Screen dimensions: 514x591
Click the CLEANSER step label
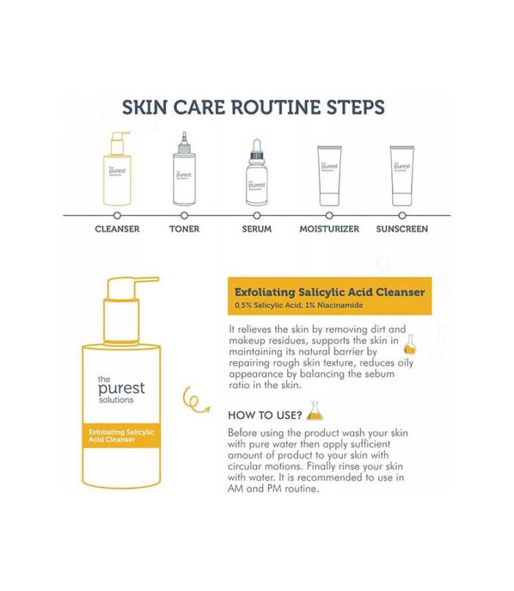point(117,229)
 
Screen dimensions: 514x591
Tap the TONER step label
point(184,229)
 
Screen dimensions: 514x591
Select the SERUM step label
point(257,229)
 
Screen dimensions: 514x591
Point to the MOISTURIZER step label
point(330,229)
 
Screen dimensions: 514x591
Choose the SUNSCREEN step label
point(402,229)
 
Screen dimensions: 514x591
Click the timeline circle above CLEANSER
point(117,215)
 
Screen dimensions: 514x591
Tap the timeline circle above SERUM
point(257,215)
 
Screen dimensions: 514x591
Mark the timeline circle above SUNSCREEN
point(402,215)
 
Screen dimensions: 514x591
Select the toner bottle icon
point(184,168)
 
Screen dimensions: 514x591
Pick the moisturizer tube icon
point(330,176)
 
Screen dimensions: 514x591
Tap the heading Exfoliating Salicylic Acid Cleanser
point(330,292)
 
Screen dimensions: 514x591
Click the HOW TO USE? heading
point(265,415)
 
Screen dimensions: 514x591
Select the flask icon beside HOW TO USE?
point(315,411)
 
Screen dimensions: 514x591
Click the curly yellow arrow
point(195,401)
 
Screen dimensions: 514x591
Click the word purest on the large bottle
point(121,389)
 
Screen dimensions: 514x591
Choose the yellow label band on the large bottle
point(122,435)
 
